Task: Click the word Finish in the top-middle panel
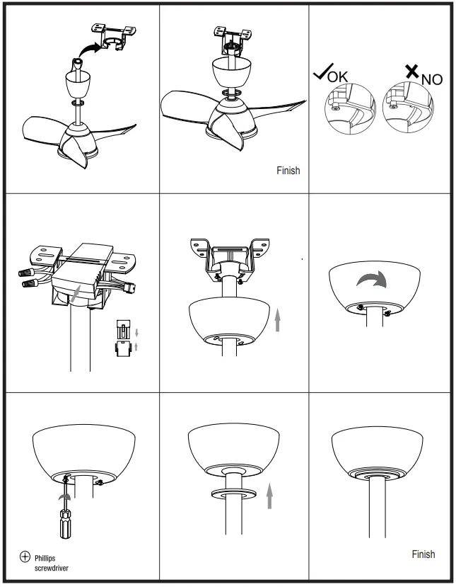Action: tap(288, 171)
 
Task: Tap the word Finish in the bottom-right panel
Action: tap(423, 554)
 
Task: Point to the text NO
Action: tap(432, 79)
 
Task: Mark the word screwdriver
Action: tap(52, 567)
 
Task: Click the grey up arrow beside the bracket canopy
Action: tap(277, 321)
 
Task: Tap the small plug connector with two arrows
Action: tap(124, 338)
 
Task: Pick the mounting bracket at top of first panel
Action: tap(111, 35)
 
